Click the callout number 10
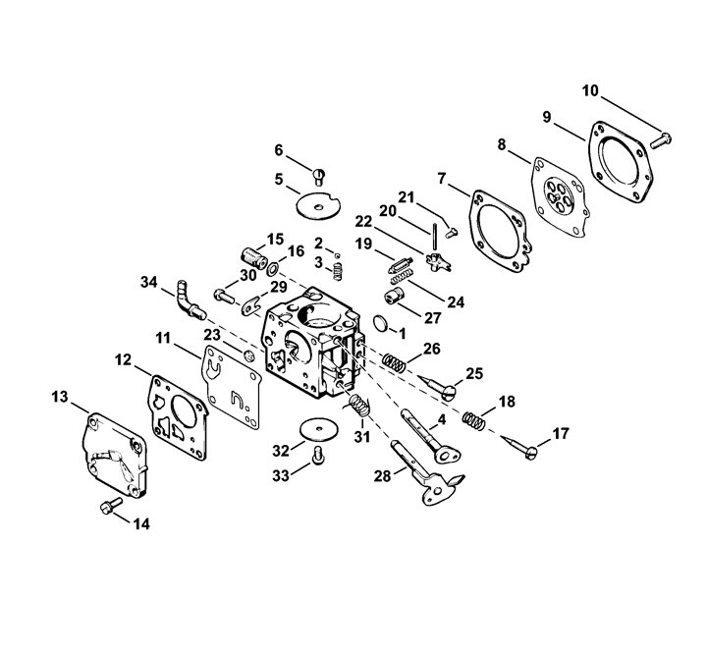tap(590, 90)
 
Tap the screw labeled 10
tap(661, 139)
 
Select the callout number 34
tap(149, 282)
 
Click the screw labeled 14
tap(110, 506)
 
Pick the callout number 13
tap(60, 397)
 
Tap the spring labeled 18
tap(473, 420)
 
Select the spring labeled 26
tap(394, 362)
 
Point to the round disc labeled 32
tap(320, 429)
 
